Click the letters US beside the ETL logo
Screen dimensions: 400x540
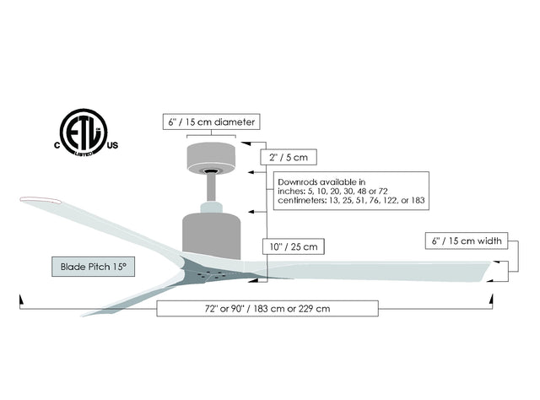pyautogui.click(x=111, y=145)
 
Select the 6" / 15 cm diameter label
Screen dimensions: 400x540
pyautogui.click(x=211, y=122)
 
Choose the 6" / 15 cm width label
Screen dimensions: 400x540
pyautogui.click(x=466, y=242)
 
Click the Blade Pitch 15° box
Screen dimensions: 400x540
pyautogui.click(x=94, y=266)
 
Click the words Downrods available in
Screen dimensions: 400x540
pyautogui.click(x=321, y=181)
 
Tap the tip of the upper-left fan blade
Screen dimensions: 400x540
pyautogui.click(x=38, y=199)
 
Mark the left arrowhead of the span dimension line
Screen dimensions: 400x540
pyautogui.click(x=21, y=299)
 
